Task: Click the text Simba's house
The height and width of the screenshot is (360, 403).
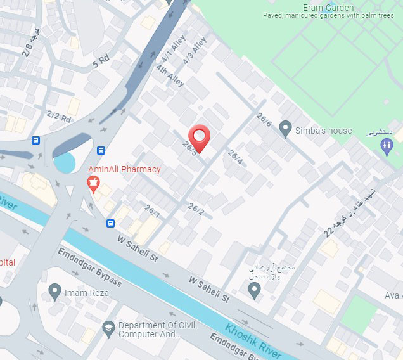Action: pos(323,131)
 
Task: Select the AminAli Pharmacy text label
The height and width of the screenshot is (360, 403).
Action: pos(124,169)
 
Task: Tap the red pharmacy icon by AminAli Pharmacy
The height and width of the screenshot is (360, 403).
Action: pos(93,184)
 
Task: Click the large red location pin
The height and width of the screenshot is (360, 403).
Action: pos(200,138)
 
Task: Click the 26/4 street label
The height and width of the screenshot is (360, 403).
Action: pos(235,157)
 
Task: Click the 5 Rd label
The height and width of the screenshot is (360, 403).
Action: pos(101,62)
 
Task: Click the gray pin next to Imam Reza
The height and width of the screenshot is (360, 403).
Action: pos(54,292)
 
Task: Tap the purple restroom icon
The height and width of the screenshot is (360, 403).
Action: pos(387,146)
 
